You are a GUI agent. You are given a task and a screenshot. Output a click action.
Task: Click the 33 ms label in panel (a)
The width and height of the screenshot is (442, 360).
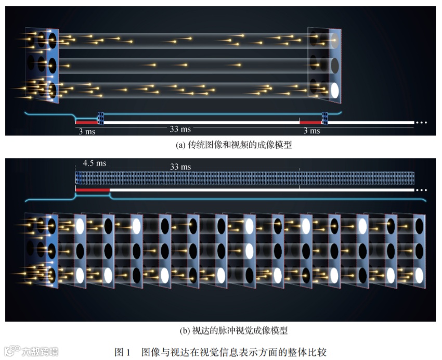(x=180, y=128)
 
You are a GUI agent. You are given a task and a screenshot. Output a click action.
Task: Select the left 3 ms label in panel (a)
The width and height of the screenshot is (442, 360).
(x=86, y=131)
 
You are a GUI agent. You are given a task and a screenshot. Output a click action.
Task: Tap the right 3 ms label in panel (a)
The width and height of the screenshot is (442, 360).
(x=311, y=131)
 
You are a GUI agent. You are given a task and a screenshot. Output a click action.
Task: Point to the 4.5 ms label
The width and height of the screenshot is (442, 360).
(x=95, y=163)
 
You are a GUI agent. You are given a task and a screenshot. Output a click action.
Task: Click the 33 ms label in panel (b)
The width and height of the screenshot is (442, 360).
(x=180, y=166)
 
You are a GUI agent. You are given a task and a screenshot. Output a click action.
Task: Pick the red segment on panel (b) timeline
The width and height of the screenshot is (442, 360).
(x=93, y=190)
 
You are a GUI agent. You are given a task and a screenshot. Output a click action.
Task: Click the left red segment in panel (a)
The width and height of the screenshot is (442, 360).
(x=86, y=122)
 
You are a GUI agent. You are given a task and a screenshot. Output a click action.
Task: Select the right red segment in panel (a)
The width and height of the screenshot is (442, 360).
(x=310, y=122)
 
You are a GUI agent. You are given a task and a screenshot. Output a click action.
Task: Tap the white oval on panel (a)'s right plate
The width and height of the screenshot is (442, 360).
(x=335, y=90)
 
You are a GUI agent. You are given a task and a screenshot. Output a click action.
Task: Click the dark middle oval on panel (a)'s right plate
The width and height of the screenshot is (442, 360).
(x=335, y=65)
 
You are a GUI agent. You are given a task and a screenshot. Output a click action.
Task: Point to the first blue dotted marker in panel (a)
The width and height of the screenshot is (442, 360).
(x=101, y=119)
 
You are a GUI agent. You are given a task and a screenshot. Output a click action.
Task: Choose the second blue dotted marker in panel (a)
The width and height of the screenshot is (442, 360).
(x=325, y=119)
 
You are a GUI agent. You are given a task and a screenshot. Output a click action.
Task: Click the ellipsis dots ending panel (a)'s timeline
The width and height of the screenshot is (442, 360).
(x=421, y=123)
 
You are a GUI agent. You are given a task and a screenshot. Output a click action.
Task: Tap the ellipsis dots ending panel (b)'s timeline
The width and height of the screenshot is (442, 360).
(x=421, y=190)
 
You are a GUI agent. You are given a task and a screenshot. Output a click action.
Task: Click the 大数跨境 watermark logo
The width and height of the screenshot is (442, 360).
(x=31, y=351)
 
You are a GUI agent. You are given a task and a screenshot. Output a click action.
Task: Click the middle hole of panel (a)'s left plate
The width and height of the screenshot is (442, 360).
(x=53, y=65)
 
